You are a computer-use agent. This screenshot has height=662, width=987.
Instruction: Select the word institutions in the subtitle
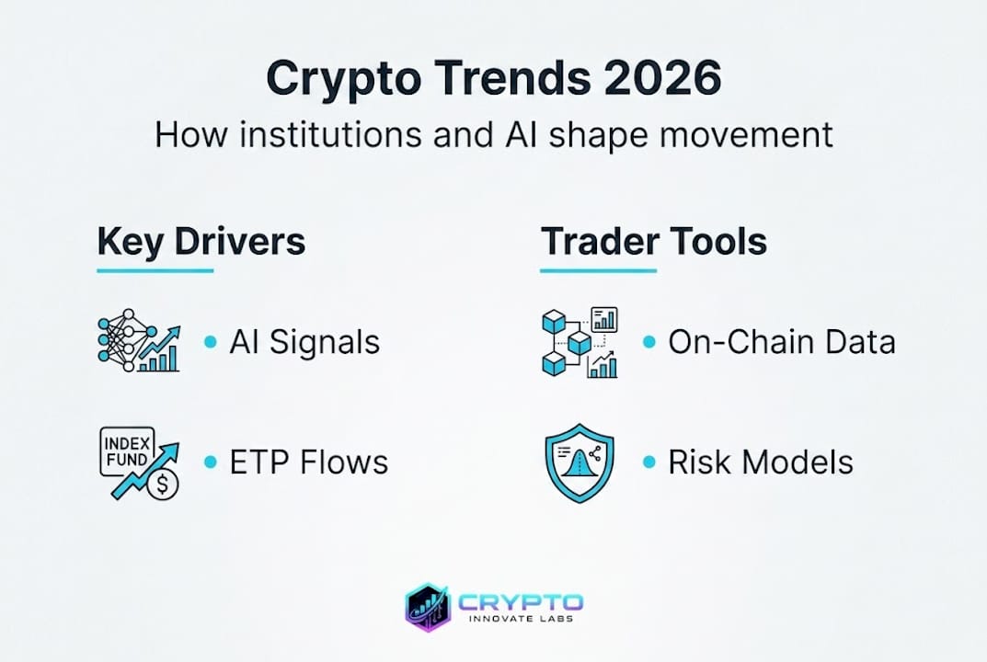click(331, 134)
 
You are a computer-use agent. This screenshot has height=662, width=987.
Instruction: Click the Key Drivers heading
click(201, 242)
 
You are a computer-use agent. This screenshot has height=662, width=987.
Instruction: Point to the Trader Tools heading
click(654, 241)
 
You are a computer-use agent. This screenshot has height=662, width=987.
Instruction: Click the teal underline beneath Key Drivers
click(155, 270)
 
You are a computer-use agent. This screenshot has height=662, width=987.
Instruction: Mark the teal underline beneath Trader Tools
click(598, 270)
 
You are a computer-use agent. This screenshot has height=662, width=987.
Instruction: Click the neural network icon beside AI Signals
click(139, 340)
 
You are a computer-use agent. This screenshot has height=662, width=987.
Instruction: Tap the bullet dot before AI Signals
click(211, 342)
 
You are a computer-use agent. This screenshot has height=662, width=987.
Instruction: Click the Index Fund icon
click(140, 463)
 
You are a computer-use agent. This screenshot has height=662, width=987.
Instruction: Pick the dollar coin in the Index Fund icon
click(163, 484)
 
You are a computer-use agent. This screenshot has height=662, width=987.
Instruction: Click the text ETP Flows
click(309, 462)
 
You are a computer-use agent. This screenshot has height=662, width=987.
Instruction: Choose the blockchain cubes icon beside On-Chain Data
click(580, 342)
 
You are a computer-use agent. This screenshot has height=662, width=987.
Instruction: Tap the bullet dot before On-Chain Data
click(649, 342)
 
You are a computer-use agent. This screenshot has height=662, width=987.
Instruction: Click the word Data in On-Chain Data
click(860, 342)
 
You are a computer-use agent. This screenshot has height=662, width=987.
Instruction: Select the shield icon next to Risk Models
click(580, 463)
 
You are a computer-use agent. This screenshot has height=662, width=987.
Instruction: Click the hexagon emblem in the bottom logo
click(428, 607)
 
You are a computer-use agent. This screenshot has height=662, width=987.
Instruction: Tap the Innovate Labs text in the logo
click(522, 619)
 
